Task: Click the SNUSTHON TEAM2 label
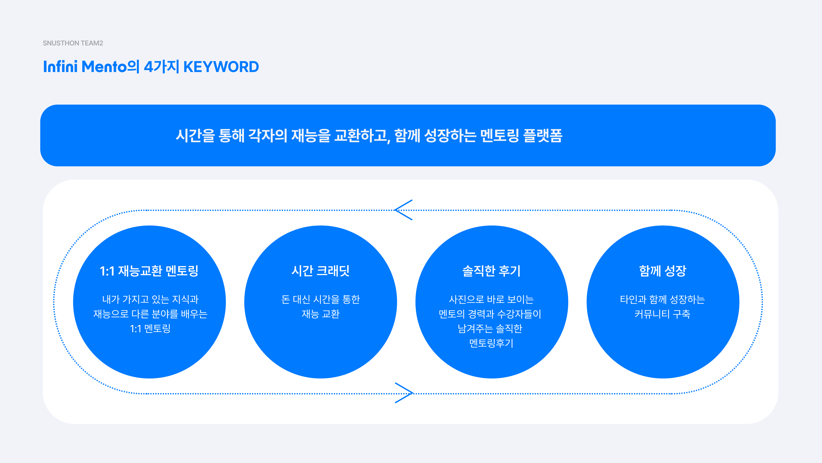[x=73, y=43]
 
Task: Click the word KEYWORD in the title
[x=221, y=67]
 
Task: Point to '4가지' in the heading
[x=161, y=67]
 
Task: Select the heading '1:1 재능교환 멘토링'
[x=149, y=271]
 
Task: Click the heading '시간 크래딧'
[x=320, y=271]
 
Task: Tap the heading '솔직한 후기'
[x=491, y=271]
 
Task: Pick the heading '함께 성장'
[x=663, y=271]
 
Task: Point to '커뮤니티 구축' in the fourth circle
[x=663, y=314]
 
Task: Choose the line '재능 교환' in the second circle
[x=320, y=314]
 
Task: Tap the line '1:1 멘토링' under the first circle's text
[x=150, y=328]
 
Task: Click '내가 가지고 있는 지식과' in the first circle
[x=150, y=299]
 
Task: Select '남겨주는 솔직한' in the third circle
[x=490, y=328]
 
